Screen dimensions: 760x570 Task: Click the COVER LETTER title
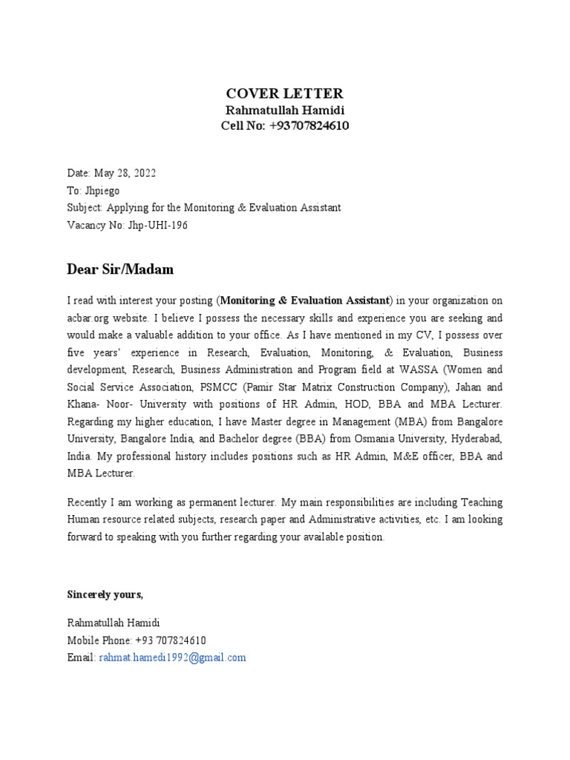pyautogui.click(x=285, y=94)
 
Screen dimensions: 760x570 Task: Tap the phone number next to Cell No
pyautogui.click(x=309, y=125)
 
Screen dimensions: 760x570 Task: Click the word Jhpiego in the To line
pyautogui.click(x=102, y=191)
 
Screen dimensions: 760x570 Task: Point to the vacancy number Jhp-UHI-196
pyautogui.click(x=157, y=225)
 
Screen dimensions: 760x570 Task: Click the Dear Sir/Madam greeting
pyautogui.click(x=120, y=269)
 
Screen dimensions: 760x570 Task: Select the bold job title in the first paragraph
pyautogui.click(x=305, y=301)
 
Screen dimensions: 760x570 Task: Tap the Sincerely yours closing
pyautogui.click(x=105, y=594)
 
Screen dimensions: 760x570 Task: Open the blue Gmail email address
pyautogui.click(x=172, y=658)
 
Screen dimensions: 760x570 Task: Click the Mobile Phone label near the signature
pyautogui.click(x=99, y=641)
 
